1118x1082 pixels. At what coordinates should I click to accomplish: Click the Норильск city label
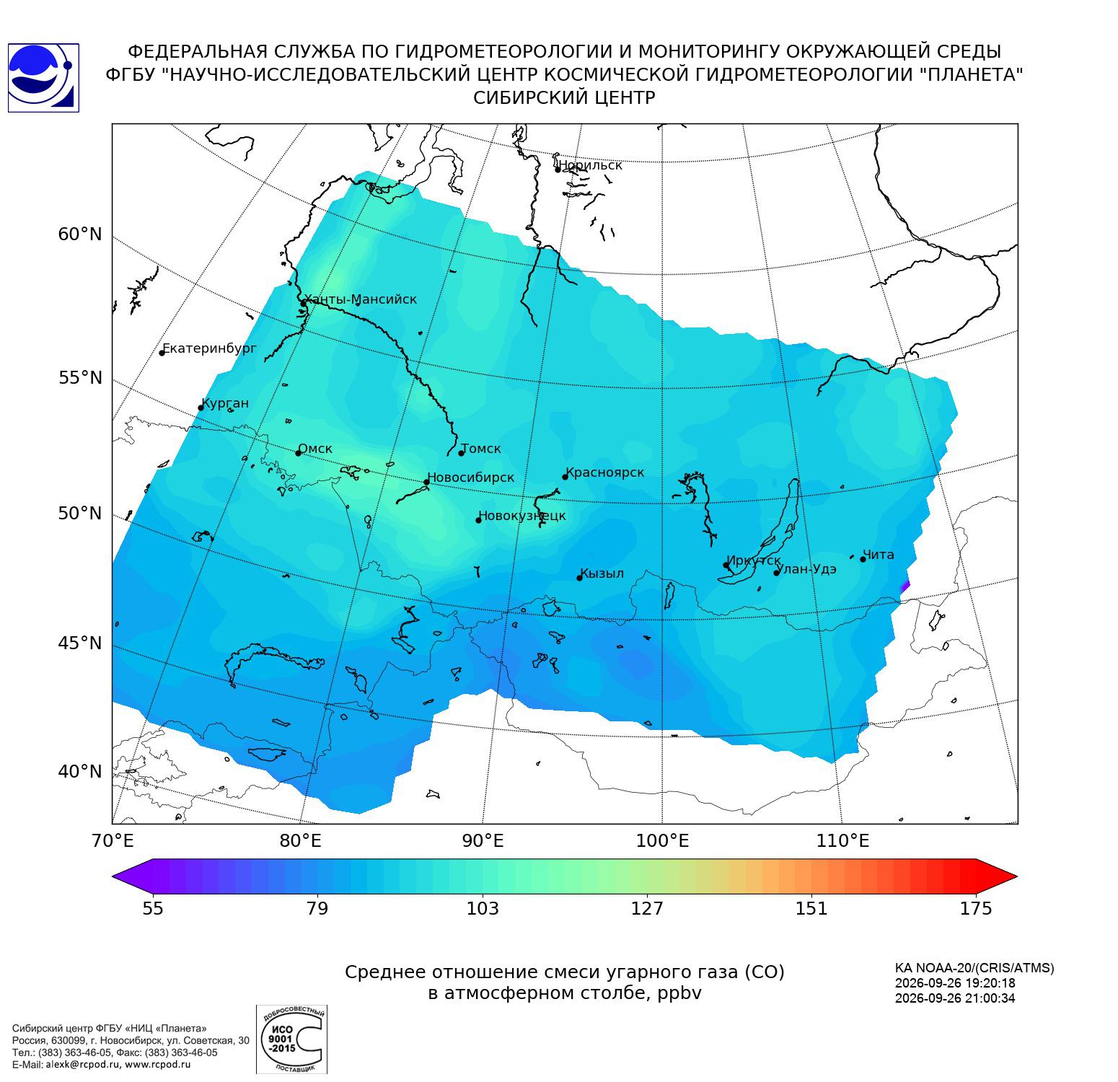click(x=590, y=165)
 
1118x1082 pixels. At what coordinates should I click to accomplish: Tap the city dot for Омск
click(x=298, y=453)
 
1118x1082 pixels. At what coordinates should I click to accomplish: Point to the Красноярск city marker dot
click(x=565, y=477)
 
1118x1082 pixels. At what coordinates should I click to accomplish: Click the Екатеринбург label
click(x=209, y=349)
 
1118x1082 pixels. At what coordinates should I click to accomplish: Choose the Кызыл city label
click(x=602, y=573)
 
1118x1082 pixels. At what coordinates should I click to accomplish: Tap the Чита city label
click(x=879, y=555)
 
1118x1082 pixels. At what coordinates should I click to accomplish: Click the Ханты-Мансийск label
click(x=360, y=299)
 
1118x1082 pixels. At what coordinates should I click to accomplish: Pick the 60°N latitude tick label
click(x=80, y=234)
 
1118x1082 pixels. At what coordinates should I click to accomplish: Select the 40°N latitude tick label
click(x=80, y=772)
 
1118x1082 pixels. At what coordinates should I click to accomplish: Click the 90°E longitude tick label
click(x=483, y=840)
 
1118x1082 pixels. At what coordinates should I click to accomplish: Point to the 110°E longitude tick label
click(x=842, y=840)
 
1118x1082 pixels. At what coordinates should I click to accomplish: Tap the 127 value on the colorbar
click(x=647, y=908)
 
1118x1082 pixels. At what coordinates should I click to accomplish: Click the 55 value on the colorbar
click(x=153, y=908)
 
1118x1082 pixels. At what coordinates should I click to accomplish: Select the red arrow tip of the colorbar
click(x=1017, y=877)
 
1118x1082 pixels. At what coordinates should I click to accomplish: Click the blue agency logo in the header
click(x=43, y=78)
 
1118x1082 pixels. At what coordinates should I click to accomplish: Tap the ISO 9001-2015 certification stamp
click(x=291, y=1039)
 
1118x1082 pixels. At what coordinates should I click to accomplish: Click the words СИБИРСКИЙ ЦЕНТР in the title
click(x=564, y=98)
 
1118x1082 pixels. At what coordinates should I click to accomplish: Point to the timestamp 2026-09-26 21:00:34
click(x=955, y=998)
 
